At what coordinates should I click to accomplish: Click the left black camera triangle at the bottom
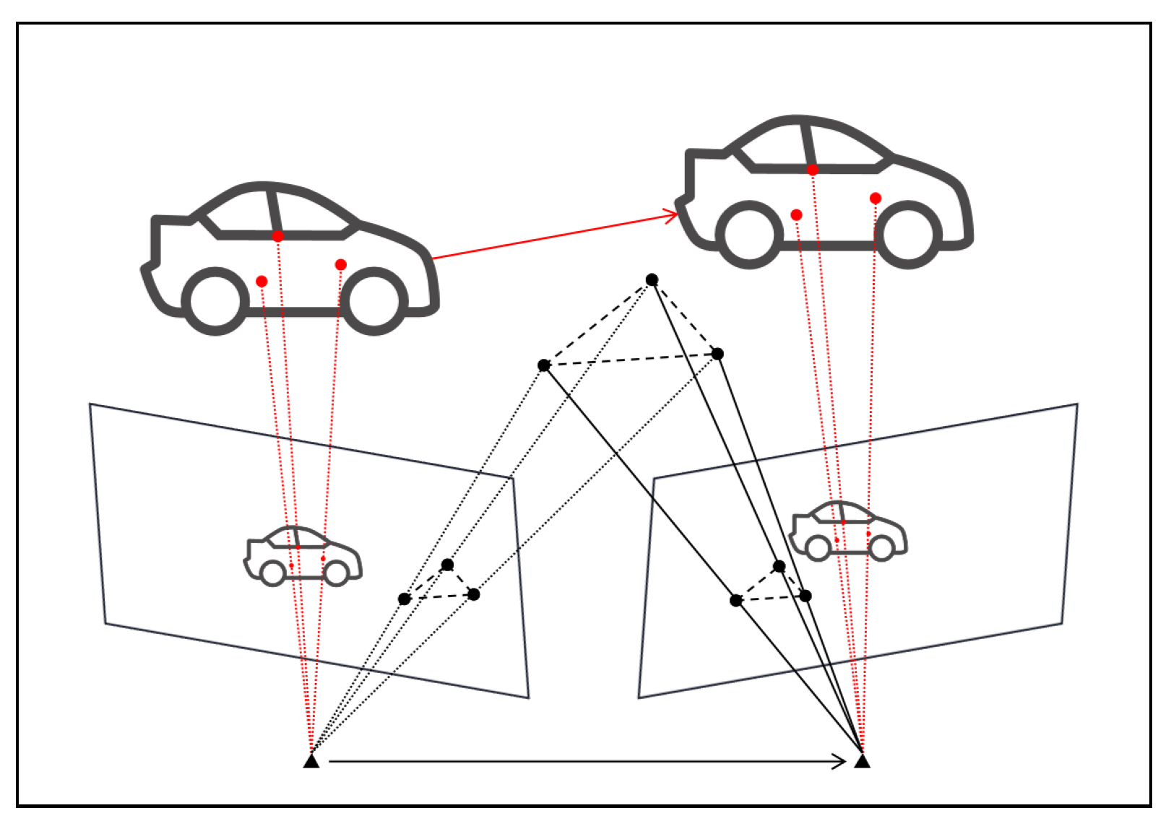[x=311, y=761]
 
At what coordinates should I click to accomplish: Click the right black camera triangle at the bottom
[x=862, y=761]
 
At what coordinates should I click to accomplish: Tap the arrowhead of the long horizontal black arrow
[x=840, y=761]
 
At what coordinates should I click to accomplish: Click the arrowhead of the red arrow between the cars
[x=672, y=215]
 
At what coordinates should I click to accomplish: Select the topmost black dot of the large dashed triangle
[x=652, y=279]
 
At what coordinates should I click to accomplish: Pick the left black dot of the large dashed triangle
[x=544, y=365]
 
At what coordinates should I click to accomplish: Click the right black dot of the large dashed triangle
[x=717, y=354]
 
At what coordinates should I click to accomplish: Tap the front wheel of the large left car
[x=373, y=301]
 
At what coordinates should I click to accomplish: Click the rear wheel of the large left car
[x=215, y=301]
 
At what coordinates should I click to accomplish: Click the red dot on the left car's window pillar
[x=278, y=236]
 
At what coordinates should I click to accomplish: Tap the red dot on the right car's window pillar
[x=813, y=170]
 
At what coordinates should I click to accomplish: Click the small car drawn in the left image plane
[x=303, y=556]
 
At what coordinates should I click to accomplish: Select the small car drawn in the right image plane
[x=849, y=531]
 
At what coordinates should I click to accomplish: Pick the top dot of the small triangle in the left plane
[x=447, y=565]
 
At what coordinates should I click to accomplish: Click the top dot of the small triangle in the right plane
[x=779, y=566]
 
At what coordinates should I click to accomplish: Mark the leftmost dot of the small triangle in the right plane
[x=735, y=600]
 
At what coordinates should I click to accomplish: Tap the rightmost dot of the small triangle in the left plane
[x=473, y=594]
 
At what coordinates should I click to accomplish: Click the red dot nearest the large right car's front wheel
[x=876, y=198]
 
